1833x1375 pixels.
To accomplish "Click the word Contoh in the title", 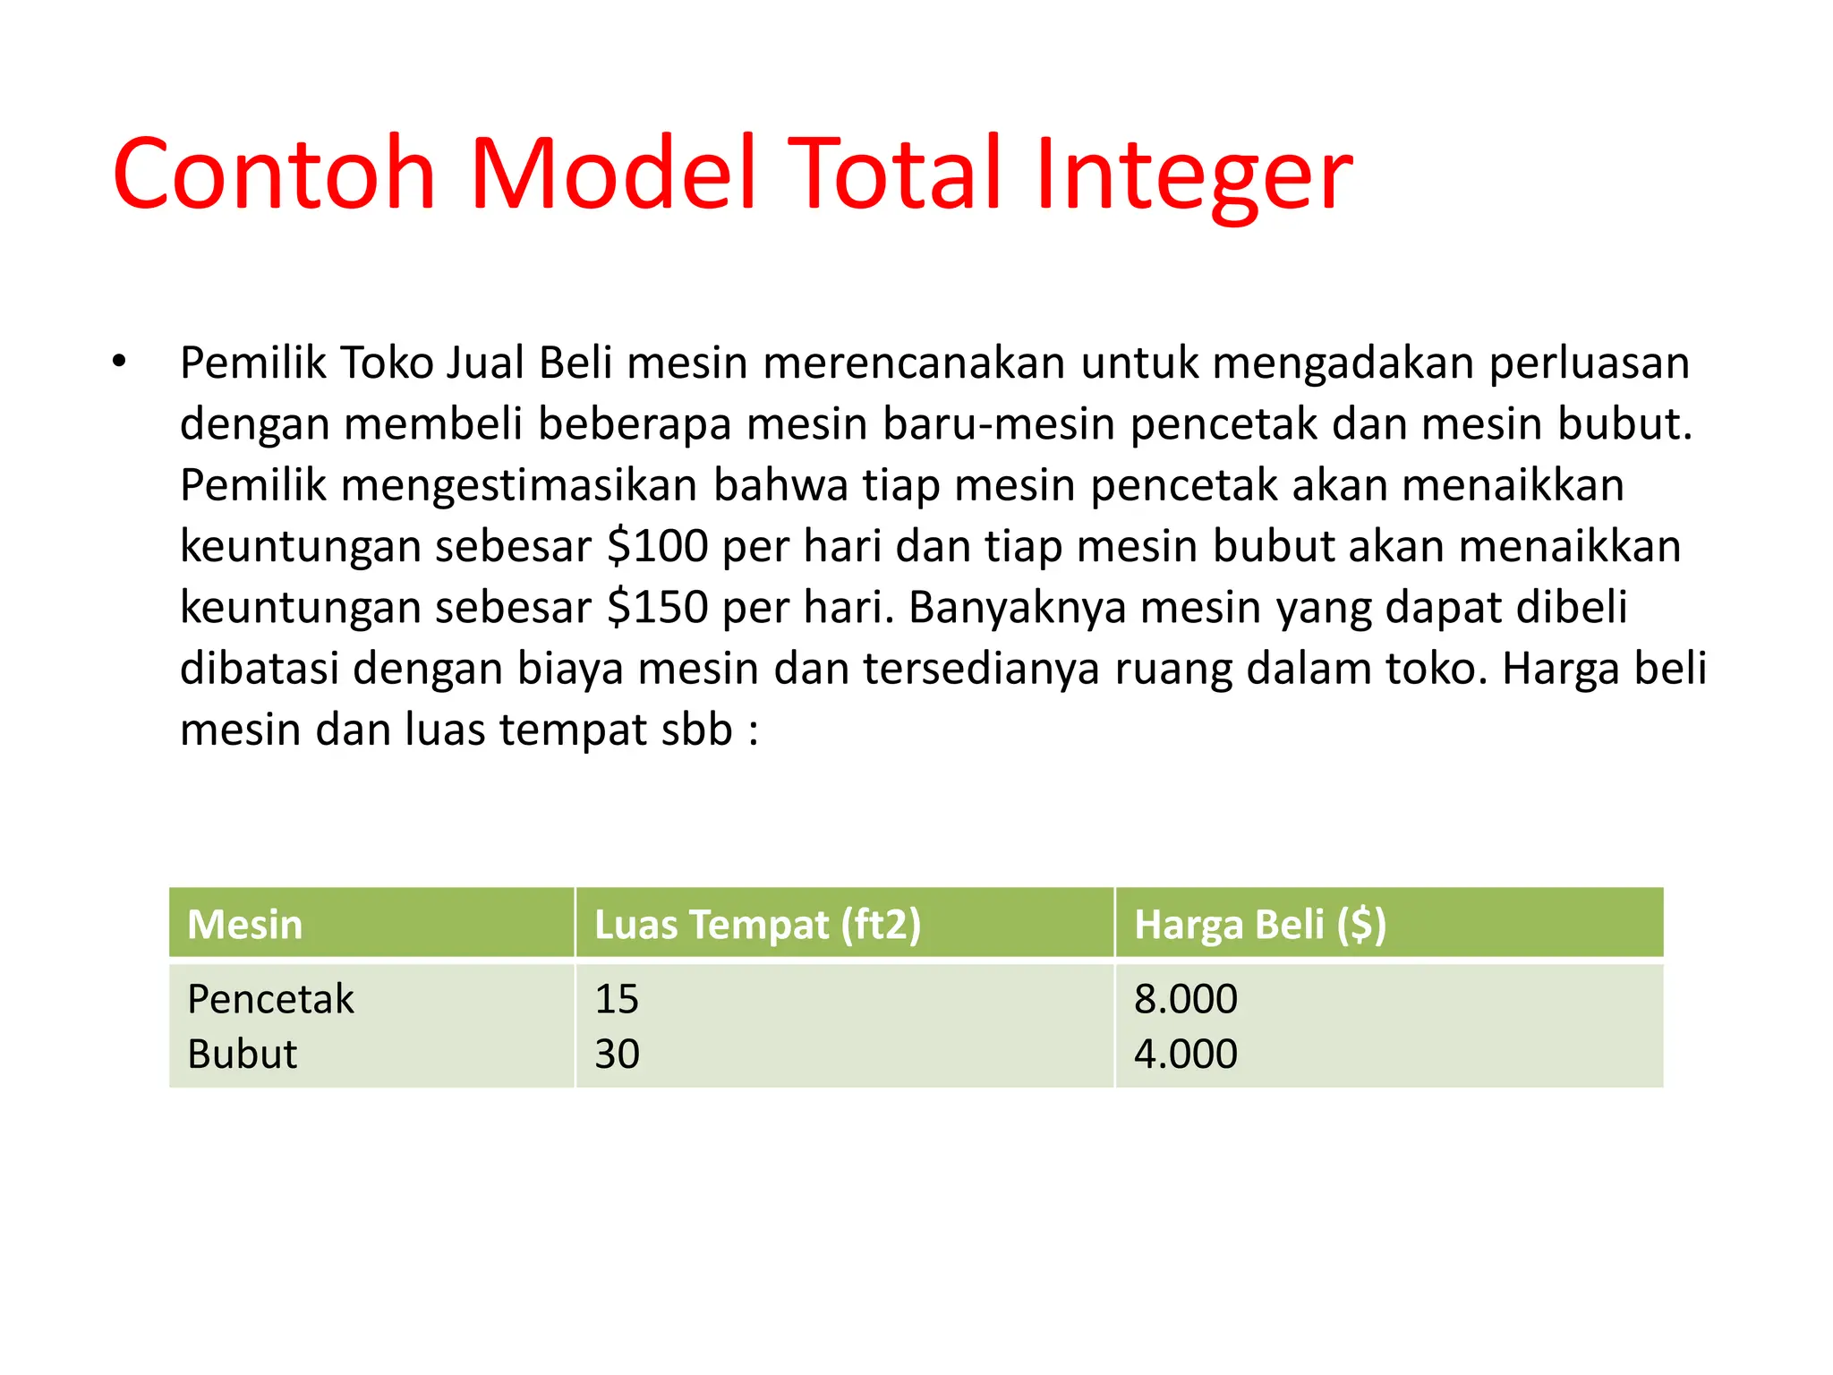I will click(274, 174).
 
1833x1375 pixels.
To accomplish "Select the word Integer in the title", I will click(1194, 174).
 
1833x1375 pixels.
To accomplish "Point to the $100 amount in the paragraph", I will click(658, 546).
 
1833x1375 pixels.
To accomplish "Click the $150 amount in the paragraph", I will click(658, 607).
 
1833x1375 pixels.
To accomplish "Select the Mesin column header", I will click(245, 924).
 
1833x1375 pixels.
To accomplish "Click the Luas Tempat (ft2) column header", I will click(757, 924).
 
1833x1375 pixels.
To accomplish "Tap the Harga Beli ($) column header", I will click(1260, 924).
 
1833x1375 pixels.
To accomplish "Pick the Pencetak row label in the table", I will click(270, 999).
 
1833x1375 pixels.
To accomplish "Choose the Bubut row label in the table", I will click(242, 1055).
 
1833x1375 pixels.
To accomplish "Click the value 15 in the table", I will click(617, 999).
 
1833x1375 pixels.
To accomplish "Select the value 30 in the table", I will click(618, 1055).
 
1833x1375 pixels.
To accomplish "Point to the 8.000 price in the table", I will click(1186, 999).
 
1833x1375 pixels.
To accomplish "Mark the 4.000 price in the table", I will click(1186, 1055).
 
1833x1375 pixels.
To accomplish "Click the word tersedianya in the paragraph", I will click(981, 669).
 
